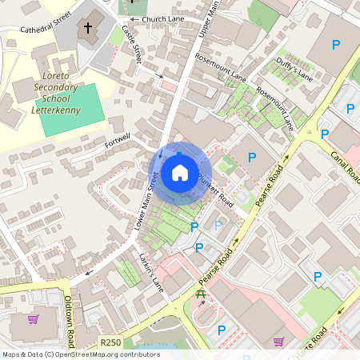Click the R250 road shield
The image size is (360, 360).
pyautogui.click(x=110, y=342)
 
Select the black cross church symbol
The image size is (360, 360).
pyautogui.click(x=87, y=28)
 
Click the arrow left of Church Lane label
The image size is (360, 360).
pyautogui.click(x=134, y=18)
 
